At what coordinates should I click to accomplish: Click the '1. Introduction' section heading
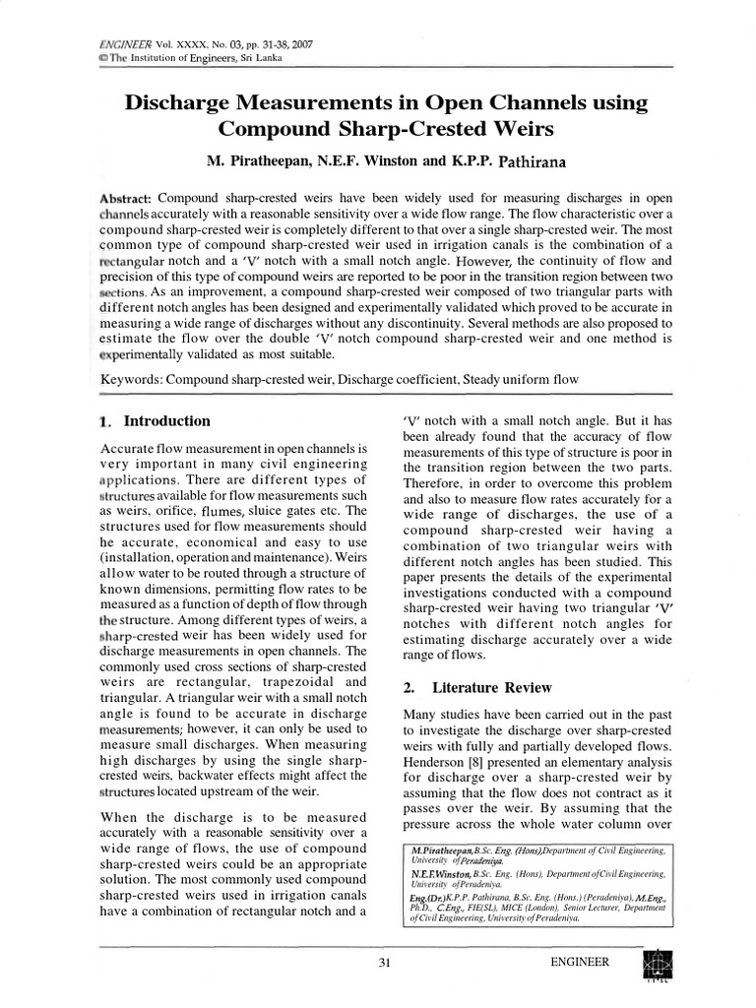(x=156, y=421)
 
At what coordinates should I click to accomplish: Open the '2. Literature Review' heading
(x=477, y=687)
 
